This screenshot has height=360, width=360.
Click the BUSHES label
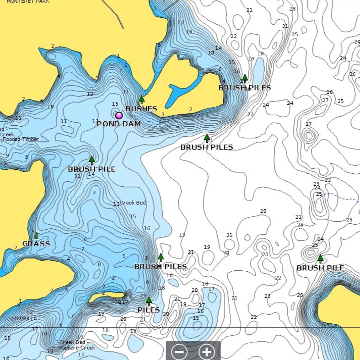click(141, 109)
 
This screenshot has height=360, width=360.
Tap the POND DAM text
click(118, 124)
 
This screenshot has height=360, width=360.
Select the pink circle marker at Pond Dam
click(119, 116)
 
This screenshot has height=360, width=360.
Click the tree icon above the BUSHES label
click(141, 99)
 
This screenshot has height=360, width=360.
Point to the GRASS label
click(36, 244)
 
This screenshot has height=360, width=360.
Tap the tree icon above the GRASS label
click(36, 235)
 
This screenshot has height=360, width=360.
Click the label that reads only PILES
click(149, 310)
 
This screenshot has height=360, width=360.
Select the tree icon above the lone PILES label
click(149, 301)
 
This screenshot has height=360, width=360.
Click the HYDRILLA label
click(25, 318)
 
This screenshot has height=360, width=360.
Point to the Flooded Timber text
click(21, 139)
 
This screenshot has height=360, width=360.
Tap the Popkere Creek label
click(77, 348)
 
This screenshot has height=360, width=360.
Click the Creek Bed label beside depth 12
click(133, 203)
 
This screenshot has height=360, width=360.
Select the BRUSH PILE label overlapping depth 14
click(91, 169)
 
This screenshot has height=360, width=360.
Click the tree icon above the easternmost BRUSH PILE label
click(320, 258)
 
